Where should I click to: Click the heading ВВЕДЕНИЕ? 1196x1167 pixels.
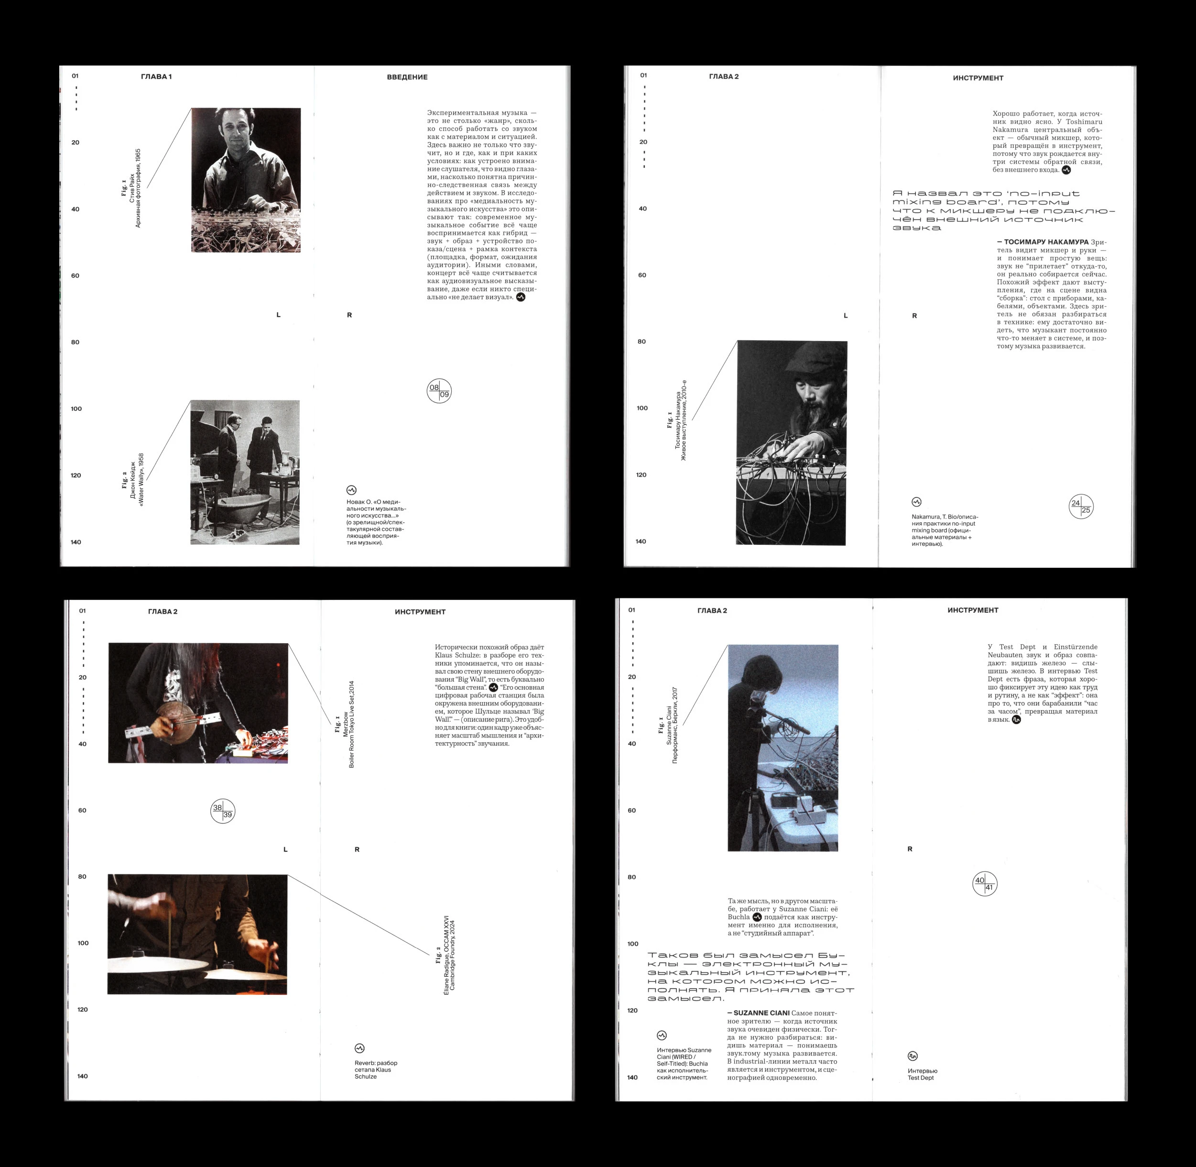coord(407,77)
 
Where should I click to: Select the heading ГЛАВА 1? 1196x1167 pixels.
coord(156,77)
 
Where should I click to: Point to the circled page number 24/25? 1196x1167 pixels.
coord(1081,506)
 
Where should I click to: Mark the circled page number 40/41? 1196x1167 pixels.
coord(985,883)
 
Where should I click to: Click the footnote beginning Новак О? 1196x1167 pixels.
coord(376,522)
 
